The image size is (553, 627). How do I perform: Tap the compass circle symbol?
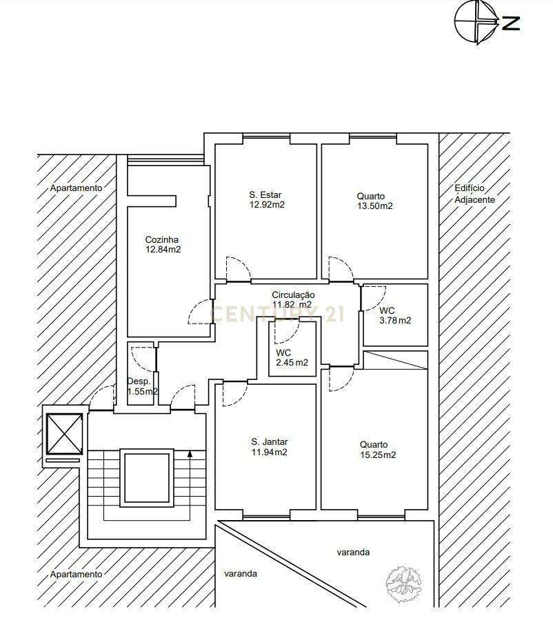[476, 22]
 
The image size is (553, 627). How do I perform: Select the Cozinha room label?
[162, 239]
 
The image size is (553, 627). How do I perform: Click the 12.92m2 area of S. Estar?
[267, 205]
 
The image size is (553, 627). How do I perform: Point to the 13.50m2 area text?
[375, 206]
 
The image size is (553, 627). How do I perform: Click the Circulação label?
[293, 295]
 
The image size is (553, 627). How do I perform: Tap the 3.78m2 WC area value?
[395, 320]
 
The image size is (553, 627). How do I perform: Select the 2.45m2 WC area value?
[292, 363]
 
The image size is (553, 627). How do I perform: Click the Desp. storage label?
[139, 381]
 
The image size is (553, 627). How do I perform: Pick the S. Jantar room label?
[270, 441]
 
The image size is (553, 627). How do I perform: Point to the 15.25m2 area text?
[378, 455]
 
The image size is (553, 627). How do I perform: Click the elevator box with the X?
[63, 432]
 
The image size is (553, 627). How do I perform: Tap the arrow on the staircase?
[190, 454]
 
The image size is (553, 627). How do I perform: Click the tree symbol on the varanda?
[403, 582]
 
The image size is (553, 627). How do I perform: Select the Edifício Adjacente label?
[475, 194]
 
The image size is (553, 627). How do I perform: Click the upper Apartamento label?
[76, 188]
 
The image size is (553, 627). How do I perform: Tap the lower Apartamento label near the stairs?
[76, 574]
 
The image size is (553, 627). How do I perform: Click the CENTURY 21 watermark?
[276, 315]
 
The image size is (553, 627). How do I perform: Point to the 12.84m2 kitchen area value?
[163, 250]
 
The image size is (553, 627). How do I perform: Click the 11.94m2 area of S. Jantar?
[270, 452]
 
